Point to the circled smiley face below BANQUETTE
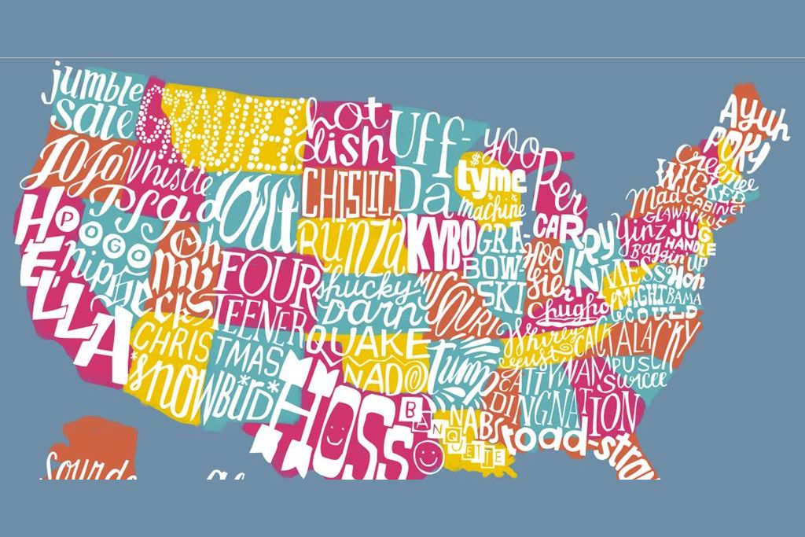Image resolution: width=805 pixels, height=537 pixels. coord(426,454)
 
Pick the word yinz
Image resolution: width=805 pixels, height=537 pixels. coord(633,230)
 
